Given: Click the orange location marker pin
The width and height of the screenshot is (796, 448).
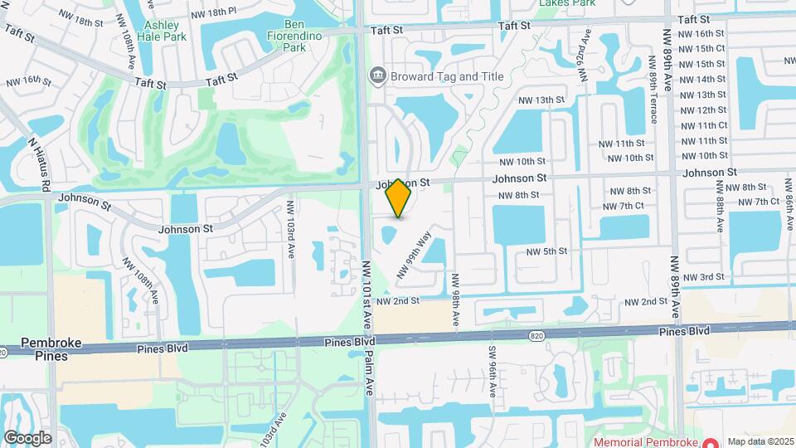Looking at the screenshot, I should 399,197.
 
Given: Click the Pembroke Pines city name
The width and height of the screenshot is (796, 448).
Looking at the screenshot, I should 44,348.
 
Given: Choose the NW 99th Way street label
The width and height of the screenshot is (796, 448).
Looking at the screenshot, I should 415,255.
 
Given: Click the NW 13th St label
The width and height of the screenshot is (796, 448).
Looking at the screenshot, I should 541,100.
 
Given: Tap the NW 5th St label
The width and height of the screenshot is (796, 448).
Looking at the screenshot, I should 547,251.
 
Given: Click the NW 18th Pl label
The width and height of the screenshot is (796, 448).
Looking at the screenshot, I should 213,14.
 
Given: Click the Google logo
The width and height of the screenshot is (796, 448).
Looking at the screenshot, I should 27,438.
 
